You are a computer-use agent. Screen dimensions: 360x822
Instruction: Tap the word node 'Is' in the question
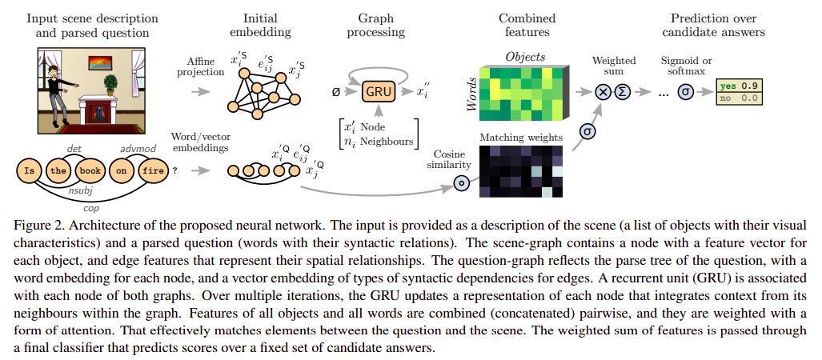[x=30, y=170]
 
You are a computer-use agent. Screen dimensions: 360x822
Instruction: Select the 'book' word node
[x=89, y=170]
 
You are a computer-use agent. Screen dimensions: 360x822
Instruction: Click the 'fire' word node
[x=153, y=170]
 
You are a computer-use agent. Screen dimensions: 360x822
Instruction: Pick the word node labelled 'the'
[x=58, y=170]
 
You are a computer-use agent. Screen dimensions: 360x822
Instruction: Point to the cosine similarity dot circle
[x=460, y=183]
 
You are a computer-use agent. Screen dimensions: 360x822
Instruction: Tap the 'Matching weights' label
[x=519, y=138]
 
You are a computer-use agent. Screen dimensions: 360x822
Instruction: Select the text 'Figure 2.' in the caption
[x=35, y=221]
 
